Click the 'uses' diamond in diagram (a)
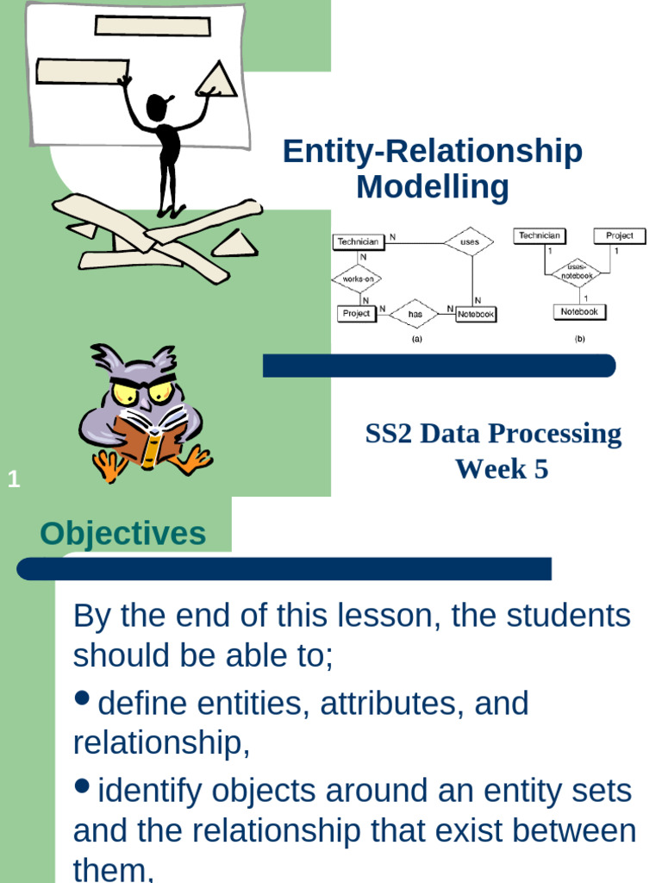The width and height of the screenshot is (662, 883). click(469, 242)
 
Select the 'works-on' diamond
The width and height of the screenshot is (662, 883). click(357, 279)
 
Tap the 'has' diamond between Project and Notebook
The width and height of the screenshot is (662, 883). click(415, 314)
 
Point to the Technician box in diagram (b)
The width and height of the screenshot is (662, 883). click(540, 235)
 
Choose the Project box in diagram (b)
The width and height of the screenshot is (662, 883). click(619, 235)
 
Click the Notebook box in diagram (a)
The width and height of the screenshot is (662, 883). click(475, 315)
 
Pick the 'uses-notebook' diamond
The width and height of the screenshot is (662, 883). click(578, 272)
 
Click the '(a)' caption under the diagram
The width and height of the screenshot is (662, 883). click(417, 340)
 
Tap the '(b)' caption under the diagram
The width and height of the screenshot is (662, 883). click(579, 340)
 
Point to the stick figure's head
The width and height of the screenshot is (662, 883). click(156, 108)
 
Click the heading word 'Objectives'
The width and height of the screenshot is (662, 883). click(123, 534)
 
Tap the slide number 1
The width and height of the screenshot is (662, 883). click(13, 480)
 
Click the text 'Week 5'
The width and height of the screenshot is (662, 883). click(502, 469)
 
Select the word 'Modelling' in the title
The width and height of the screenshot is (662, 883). click(433, 187)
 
